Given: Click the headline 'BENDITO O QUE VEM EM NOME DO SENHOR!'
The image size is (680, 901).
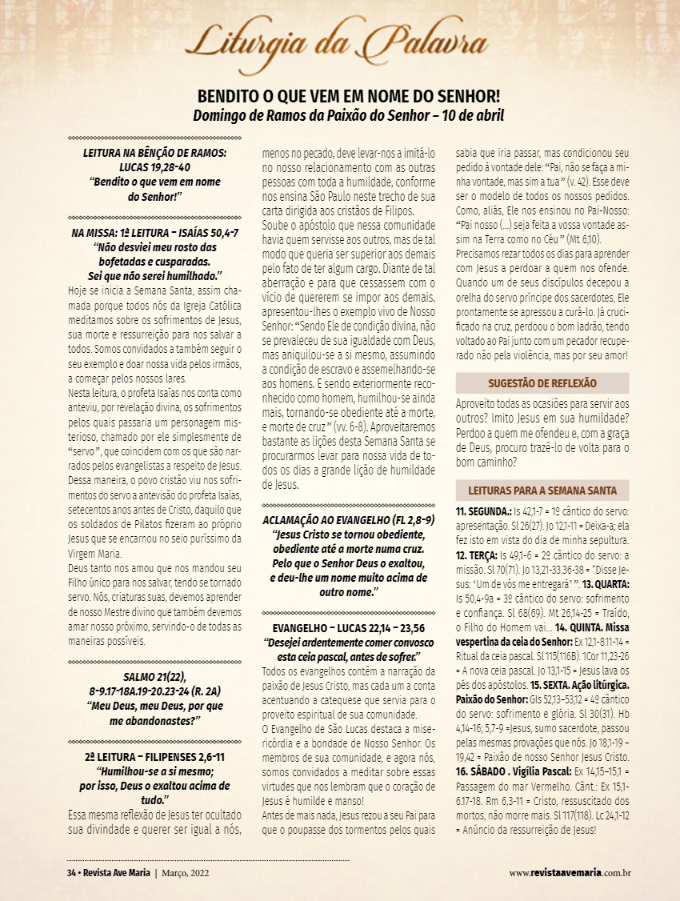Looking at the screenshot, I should point(349,97).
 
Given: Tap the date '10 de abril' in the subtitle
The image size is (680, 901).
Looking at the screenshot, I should point(475,115).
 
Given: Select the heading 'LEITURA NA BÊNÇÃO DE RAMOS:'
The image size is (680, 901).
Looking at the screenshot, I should point(156,153).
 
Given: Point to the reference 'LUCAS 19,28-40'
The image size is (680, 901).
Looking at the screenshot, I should point(156,167).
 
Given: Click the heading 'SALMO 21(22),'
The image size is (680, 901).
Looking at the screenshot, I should point(156,677).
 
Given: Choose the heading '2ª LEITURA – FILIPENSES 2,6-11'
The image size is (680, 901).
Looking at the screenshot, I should point(156,756).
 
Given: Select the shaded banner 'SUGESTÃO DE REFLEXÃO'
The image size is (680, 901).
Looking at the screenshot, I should point(542,383).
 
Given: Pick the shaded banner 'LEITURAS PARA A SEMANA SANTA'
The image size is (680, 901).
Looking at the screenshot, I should point(542,491).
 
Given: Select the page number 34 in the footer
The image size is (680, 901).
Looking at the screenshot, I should point(70,872).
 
